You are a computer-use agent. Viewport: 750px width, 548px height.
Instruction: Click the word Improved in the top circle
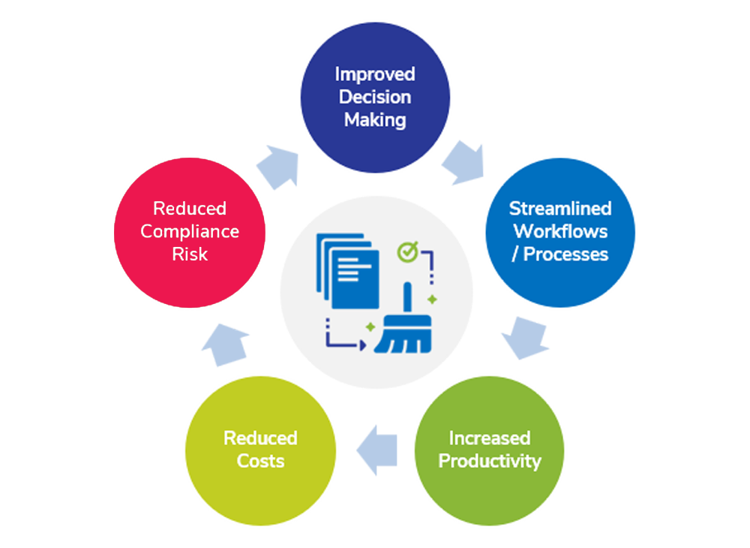click(x=374, y=74)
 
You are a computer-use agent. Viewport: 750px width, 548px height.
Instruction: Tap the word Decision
click(x=374, y=97)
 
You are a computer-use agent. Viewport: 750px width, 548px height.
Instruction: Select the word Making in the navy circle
click(x=374, y=119)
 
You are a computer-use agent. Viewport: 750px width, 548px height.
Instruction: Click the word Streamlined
click(x=560, y=208)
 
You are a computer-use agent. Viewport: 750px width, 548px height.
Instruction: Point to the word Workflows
click(x=560, y=230)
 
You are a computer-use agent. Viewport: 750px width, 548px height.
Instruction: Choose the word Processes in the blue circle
click(x=565, y=254)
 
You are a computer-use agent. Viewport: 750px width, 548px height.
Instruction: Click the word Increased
click(x=489, y=438)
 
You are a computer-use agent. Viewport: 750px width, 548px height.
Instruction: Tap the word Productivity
click(x=489, y=460)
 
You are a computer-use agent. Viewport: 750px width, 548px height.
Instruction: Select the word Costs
click(x=260, y=460)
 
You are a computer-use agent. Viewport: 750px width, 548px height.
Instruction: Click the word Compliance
click(x=190, y=231)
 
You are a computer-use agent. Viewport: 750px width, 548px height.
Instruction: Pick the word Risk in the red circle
click(x=190, y=254)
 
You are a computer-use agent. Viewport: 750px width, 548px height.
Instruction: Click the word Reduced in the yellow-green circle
click(x=260, y=438)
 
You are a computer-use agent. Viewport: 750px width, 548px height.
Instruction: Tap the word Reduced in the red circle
click(x=190, y=208)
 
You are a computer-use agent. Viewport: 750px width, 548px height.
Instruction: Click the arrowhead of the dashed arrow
click(x=361, y=345)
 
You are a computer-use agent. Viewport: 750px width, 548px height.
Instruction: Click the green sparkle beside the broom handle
click(x=432, y=299)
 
